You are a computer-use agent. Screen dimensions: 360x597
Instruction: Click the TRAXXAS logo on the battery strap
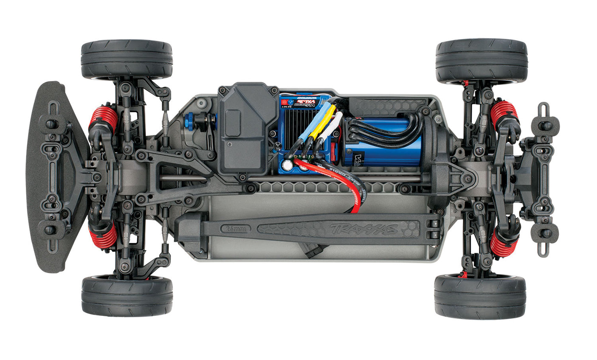[364, 229]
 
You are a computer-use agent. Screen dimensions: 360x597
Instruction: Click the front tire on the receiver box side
[127, 59]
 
